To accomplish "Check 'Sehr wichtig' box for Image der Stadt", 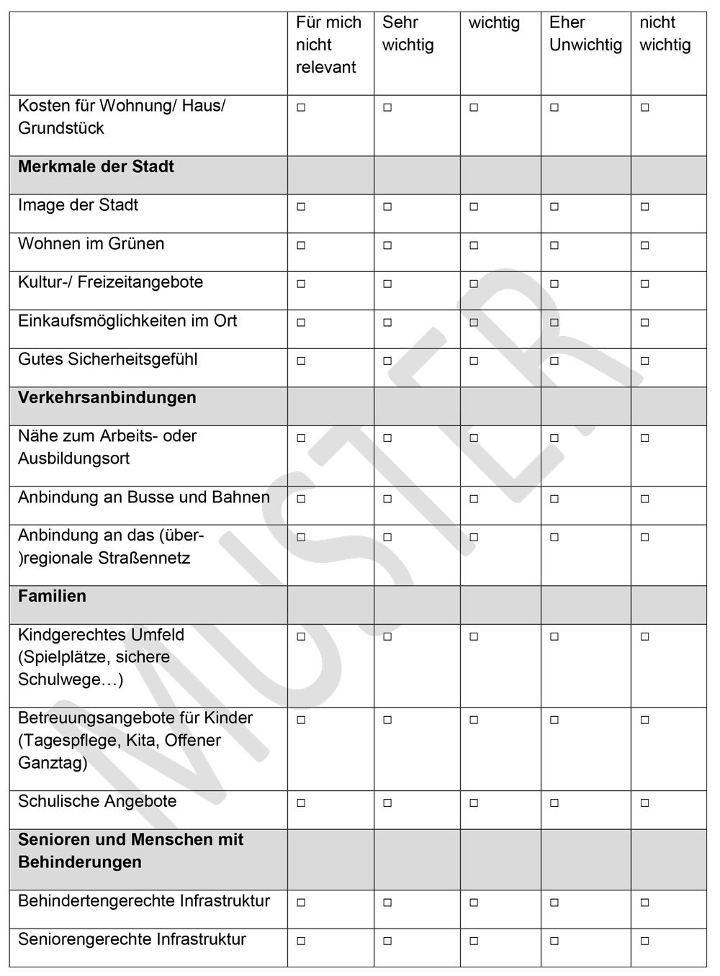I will click(x=387, y=207).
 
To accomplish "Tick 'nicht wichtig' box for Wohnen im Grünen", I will click(x=644, y=245).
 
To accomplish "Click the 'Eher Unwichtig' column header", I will click(x=585, y=34).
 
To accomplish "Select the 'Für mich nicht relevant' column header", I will click(x=328, y=45).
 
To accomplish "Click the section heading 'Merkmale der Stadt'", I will click(x=96, y=167).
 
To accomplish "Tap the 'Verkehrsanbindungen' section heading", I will click(x=107, y=398).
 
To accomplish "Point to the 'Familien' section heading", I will click(x=52, y=597).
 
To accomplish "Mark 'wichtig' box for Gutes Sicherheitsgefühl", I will click(x=474, y=361).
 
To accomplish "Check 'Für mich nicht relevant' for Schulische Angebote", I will click(x=301, y=803).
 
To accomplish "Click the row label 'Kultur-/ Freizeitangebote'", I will click(x=110, y=282).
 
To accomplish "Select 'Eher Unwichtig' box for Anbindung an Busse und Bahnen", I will click(x=554, y=499).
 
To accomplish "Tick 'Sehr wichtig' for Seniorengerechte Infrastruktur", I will click(x=387, y=941).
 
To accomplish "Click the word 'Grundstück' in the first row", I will click(x=61, y=129).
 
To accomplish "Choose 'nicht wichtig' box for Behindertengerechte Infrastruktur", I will click(x=644, y=903).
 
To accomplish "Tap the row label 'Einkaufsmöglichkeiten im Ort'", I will click(x=127, y=321).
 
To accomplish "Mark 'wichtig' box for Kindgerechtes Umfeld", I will click(x=474, y=636).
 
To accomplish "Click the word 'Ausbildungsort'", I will click(x=73, y=459).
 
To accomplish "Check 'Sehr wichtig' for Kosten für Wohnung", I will click(x=387, y=108).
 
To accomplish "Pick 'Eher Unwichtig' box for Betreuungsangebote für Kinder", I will click(x=554, y=720).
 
